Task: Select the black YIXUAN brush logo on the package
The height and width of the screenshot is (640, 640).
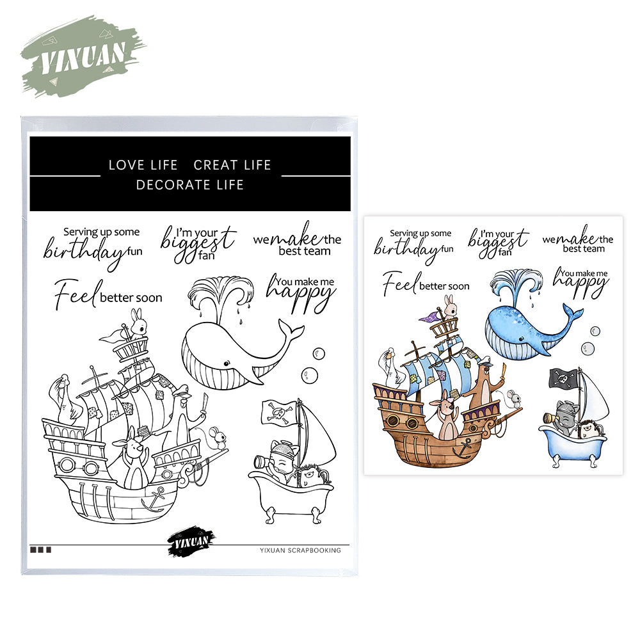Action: pos(191,541)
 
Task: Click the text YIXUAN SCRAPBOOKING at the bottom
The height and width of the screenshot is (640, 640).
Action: pos(300,550)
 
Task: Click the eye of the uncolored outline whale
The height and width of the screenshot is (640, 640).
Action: pos(226,363)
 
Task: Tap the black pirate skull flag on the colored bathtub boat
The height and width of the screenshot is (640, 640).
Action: pos(564,379)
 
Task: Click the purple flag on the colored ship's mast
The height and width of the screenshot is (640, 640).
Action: pos(429,317)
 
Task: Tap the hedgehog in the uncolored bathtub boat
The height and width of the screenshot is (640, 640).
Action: pos(313,476)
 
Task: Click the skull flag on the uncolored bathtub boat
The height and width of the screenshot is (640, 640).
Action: pos(279,413)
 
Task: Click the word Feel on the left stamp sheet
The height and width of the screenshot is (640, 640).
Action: pos(76,294)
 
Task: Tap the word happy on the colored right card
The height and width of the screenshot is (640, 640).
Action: pos(580,284)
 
